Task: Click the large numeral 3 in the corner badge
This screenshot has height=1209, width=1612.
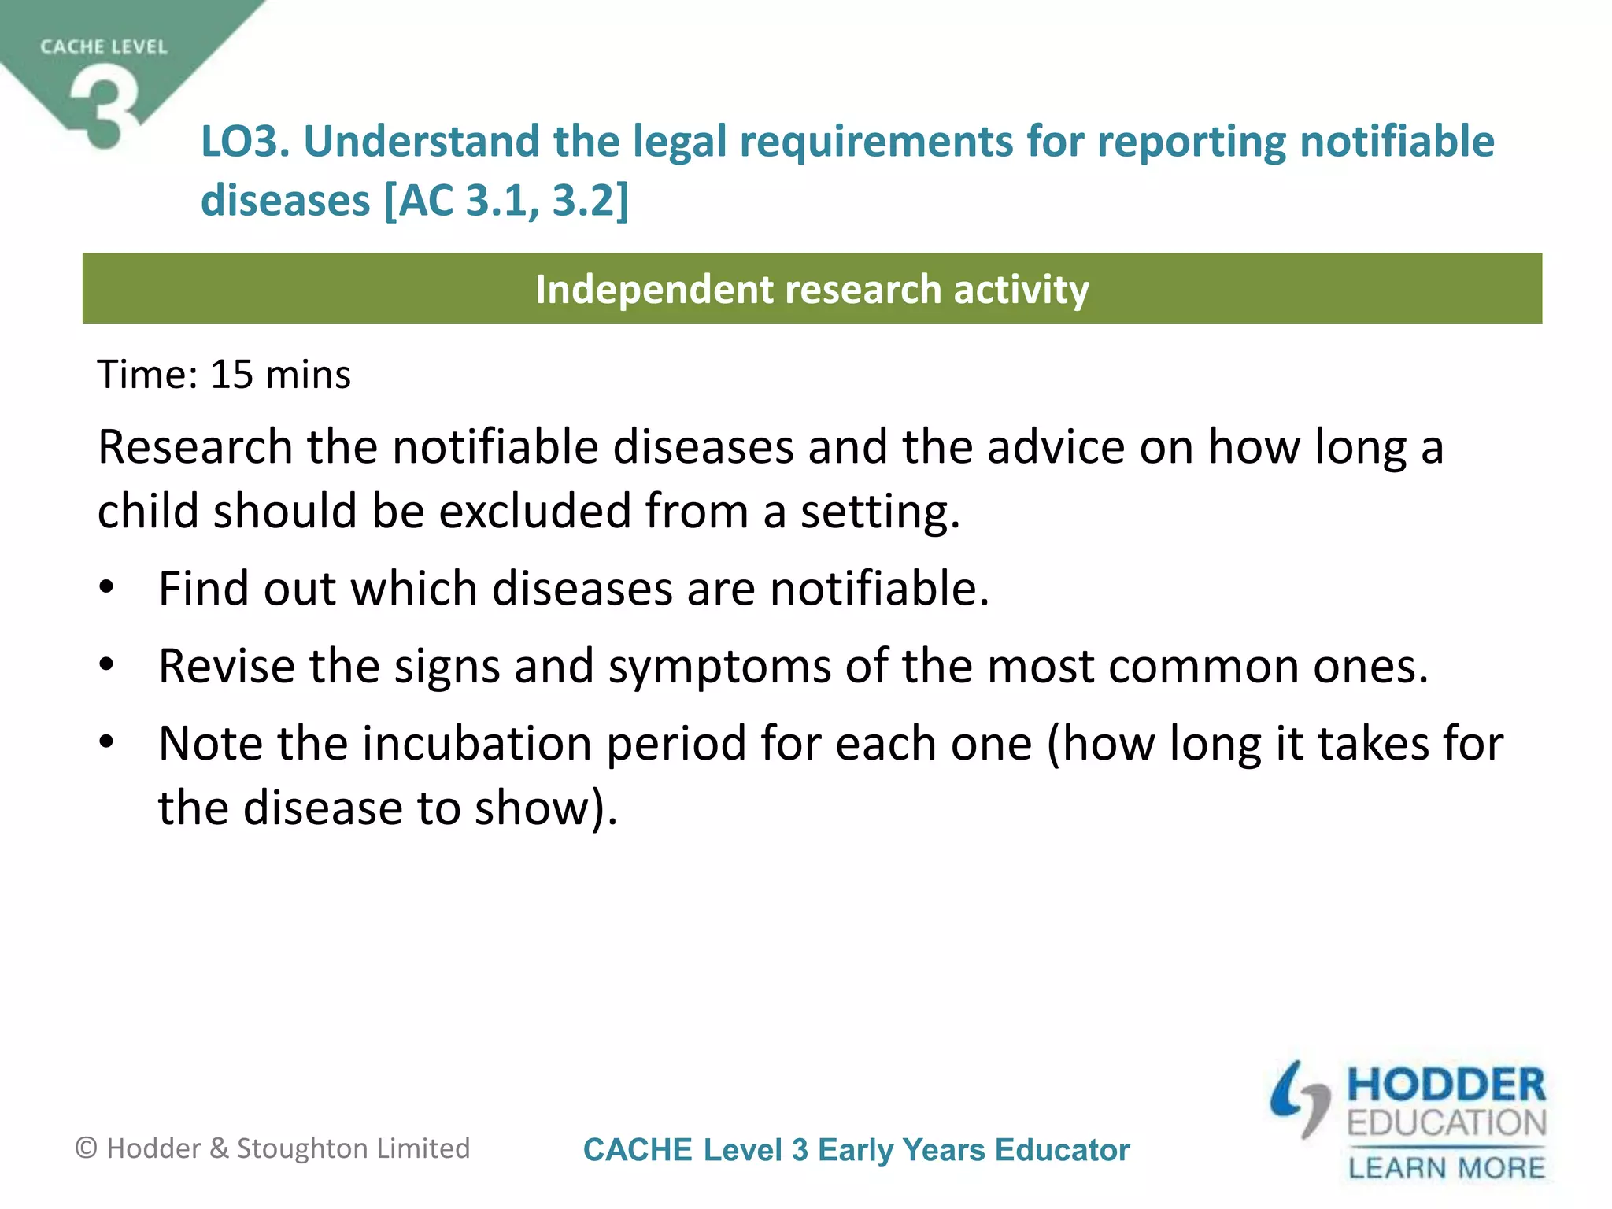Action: [x=104, y=106]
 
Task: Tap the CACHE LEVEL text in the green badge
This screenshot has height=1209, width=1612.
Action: [x=104, y=47]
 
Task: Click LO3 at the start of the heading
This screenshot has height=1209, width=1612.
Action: [x=245, y=142]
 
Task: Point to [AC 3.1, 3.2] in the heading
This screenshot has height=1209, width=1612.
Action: [x=507, y=201]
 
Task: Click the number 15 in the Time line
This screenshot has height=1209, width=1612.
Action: [x=231, y=375]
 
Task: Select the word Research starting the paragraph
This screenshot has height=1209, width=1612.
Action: [x=195, y=447]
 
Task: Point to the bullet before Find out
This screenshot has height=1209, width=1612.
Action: [x=107, y=587]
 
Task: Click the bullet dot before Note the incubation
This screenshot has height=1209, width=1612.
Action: [x=107, y=741]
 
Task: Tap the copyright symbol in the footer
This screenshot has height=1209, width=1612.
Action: [x=86, y=1148]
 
